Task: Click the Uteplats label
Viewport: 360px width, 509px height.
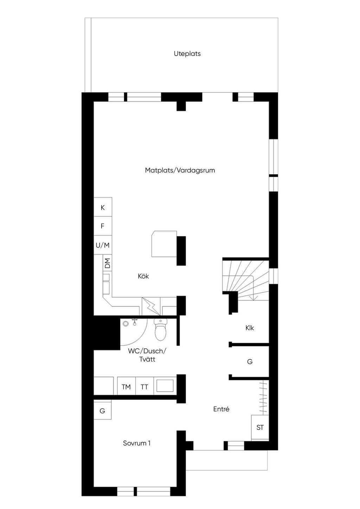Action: [x=187, y=54]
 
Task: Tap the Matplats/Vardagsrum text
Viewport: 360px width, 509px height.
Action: [x=180, y=170]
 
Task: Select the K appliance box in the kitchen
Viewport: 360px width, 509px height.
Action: [x=103, y=207]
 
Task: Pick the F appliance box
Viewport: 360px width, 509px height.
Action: [x=103, y=226]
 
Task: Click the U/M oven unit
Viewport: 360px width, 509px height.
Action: [x=103, y=245]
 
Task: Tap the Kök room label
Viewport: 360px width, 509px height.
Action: [x=143, y=276]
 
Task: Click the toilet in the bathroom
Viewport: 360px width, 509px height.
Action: [x=160, y=329]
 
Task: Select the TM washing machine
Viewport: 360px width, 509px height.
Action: [x=126, y=387]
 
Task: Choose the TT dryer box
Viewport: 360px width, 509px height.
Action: [x=144, y=387]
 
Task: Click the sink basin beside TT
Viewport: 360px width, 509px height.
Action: [x=165, y=386]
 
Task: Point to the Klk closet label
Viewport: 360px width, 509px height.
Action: [x=250, y=328]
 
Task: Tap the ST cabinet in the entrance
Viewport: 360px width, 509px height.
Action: [x=260, y=427]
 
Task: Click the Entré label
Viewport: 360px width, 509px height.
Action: [x=221, y=409]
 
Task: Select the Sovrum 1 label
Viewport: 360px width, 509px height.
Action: [x=137, y=443]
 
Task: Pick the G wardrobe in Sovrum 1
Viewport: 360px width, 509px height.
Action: [x=103, y=411]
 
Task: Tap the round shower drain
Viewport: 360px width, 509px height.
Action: [x=126, y=324]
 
